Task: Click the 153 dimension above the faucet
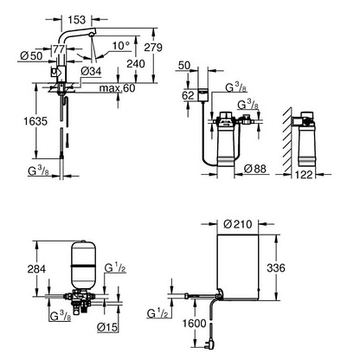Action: pos(77,20)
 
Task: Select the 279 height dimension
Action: pos(153,47)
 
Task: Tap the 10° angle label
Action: pos(121,46)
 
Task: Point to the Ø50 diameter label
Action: pos(31,56)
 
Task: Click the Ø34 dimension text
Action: pos(91,71)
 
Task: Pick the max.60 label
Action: pos(117,88)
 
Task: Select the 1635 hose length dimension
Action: pos(35,121)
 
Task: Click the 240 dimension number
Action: pos(136,63)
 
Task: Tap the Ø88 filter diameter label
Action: pos(255,169)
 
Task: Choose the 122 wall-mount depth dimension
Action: pos(304,174)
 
